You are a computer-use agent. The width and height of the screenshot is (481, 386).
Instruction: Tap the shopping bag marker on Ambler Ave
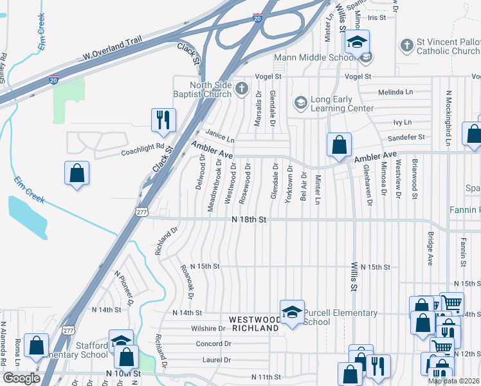[x=339, y=144]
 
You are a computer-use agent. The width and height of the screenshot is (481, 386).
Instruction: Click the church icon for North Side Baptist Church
[x=241, y=88]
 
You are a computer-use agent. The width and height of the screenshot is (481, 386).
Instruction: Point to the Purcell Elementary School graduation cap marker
[x=292, y=312]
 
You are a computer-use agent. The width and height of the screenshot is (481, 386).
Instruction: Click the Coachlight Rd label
[x=143, y=150]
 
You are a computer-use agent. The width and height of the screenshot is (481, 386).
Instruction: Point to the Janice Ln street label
[x=220, y=136]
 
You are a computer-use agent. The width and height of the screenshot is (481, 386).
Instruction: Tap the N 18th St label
[x=249, y=219]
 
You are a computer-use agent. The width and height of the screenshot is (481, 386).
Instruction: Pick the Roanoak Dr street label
[x=188, y=282]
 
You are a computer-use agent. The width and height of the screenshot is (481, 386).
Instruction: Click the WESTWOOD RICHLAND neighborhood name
[x=255, y=324]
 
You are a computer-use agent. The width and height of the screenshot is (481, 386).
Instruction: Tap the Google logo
[x=21, y=378]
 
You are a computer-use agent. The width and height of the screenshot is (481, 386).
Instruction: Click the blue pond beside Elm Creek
[x=26, y=215]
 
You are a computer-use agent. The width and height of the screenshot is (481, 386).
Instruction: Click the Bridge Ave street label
[x=430, y=247]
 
